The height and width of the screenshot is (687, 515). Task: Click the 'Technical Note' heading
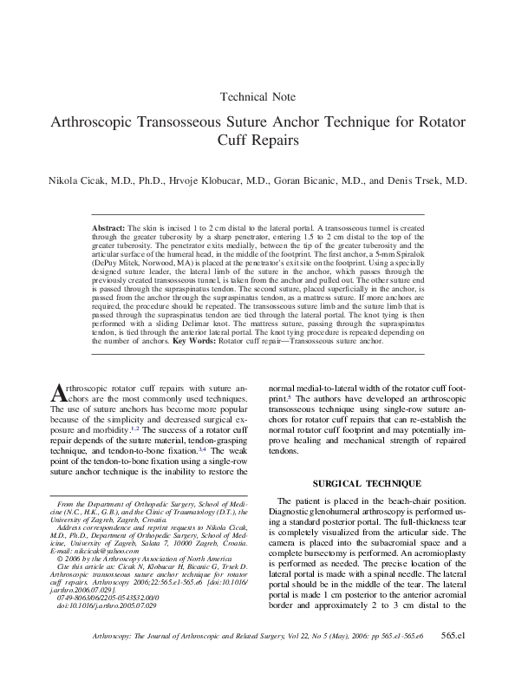tap(258, 97)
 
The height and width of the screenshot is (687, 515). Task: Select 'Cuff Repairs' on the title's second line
tap(258, 138)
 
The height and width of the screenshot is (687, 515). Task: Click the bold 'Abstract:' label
tap(108, 226)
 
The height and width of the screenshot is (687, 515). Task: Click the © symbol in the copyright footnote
tap(58, 559)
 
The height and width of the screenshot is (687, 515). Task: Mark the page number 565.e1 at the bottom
tap(453, 660)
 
